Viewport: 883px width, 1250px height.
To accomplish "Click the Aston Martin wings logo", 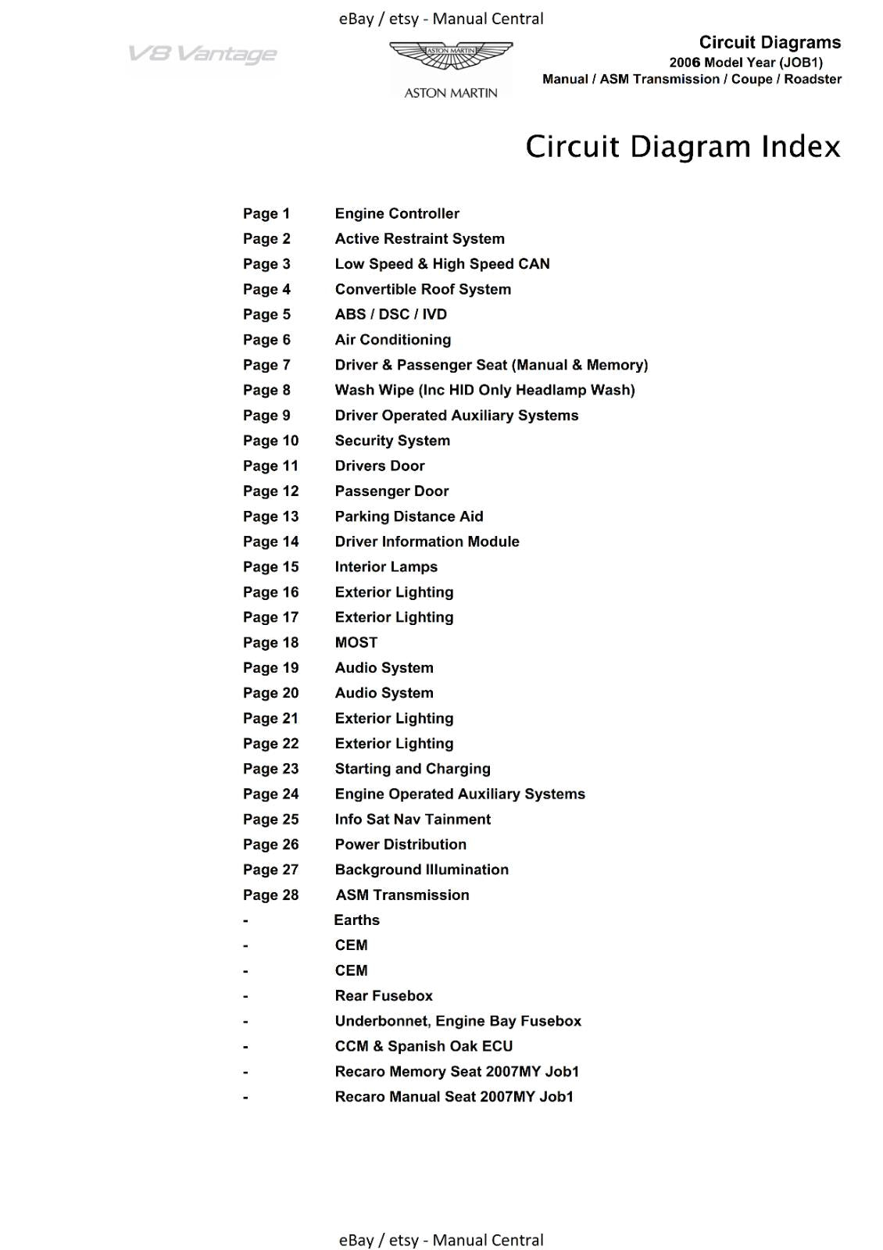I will [451, 57].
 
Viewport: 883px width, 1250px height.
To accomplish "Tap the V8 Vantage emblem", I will [202, 54].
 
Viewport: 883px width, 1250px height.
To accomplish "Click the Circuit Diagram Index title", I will [682, 147].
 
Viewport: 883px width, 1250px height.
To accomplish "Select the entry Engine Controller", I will [397, 213].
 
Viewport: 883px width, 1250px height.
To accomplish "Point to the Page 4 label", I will [266, 289].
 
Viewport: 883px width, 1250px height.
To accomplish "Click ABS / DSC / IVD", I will [391, 314].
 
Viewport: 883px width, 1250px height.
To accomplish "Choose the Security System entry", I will [392, 441].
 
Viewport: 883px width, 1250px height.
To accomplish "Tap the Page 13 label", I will [270, 516].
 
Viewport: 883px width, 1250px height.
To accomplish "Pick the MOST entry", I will [356, 642].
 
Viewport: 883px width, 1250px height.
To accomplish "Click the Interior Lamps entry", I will [386, 566].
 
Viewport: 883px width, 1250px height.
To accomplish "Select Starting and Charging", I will [413, 769].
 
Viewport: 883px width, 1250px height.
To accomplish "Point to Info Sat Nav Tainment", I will [413, 819].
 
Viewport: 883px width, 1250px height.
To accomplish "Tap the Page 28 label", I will [270, 895].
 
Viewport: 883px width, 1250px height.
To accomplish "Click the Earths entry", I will [356, 920].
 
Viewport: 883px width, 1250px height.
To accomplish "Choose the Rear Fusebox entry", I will [384, 995].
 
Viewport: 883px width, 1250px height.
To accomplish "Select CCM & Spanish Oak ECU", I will [424, 1046].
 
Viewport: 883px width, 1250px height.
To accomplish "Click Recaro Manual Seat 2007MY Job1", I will [454, 1096].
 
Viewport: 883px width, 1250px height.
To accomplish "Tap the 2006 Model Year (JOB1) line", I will [745, 62].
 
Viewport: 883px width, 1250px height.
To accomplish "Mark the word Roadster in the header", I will [813, 79].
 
